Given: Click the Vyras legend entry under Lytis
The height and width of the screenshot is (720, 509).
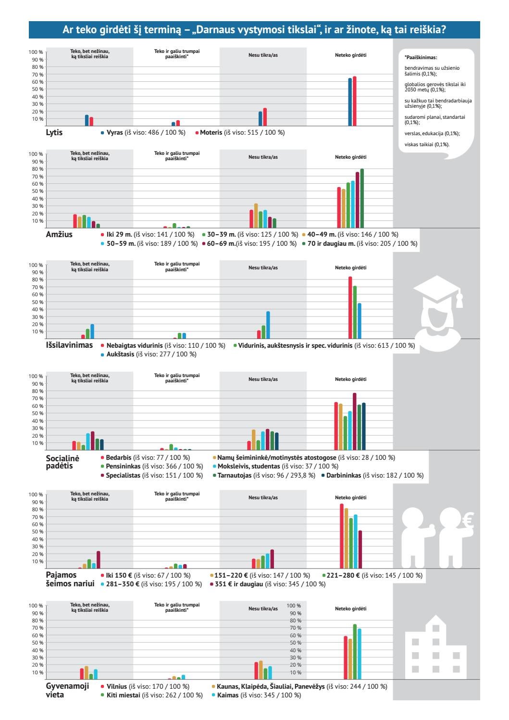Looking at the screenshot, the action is (x=143, y=132).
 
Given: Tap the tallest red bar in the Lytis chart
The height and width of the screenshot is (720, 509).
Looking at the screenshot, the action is (x=355, y=101).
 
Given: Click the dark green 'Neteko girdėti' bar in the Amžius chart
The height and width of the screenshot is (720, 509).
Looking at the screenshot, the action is (x=362, y=198).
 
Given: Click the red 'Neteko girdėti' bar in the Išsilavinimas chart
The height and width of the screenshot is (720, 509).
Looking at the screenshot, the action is (x=350, y=308).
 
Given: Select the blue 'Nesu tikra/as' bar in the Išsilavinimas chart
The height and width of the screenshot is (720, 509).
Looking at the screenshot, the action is (x=268, y=325).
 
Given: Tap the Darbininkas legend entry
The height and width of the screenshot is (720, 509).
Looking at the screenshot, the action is (x=372, y=475).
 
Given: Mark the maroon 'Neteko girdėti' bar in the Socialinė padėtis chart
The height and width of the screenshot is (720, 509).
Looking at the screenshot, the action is (x=355, y=421).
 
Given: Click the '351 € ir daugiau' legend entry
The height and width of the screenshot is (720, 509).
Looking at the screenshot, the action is (x=268, y=584).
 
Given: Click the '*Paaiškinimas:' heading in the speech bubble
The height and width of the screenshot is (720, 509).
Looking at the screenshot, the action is (x=421, y=58).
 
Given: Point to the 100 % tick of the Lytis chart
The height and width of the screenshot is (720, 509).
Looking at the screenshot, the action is (x=36, y=52).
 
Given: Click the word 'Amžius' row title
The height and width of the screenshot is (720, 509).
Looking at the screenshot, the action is (x=59, y=234).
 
